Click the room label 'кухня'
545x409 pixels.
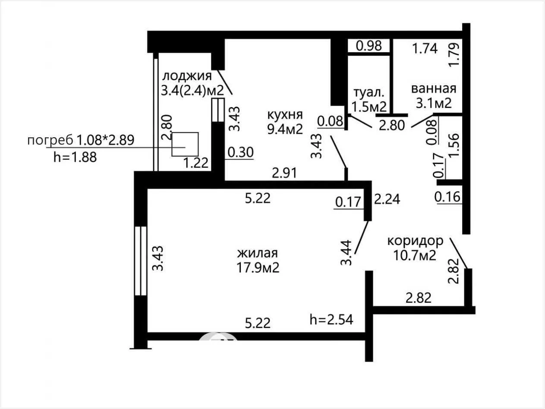pyautogui.click(x=285, y=115)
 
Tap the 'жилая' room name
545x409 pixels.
pyautogui.click(x=258, y=253)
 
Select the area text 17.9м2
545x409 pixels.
pyautogui.click(x=258, y=267)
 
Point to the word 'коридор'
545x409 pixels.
pyautogui.click(x=415, y=241)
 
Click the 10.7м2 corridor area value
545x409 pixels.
pyautogui.click(x=415, y=255)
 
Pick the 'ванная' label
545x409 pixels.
pyautogui.click(x=434, y=88)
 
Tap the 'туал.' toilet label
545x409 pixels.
pyautogui.click(x=369, y=93)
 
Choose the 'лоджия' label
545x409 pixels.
pyautogui.click(x=187, y=76)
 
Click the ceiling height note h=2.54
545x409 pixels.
pyautogui.click(x=331, y=319)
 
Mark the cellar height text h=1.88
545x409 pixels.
pyautogui.click(x=75, y=157)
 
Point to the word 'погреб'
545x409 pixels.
pyautogui.click(x=50, y=141)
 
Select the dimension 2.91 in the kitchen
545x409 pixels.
pyautogui.click(x=284, y=173)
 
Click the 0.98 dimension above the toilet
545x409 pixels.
pyautogui.click(x=369, y=46)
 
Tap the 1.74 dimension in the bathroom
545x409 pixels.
pyautogui.click(x=425, y=48)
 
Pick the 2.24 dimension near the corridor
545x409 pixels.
pyautogui.click(x=387, y=199)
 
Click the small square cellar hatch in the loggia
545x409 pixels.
pyautogui.click(x=185, y=144)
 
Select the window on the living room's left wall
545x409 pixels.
pyautogui.click(x=141, y=261)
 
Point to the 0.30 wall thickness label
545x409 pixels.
pyautogui.click(x=240, y=152)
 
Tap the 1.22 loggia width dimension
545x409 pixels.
pyautogui.click(x=195, y=163)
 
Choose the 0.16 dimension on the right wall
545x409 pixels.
pyautogui.click(x=447, y=197)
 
